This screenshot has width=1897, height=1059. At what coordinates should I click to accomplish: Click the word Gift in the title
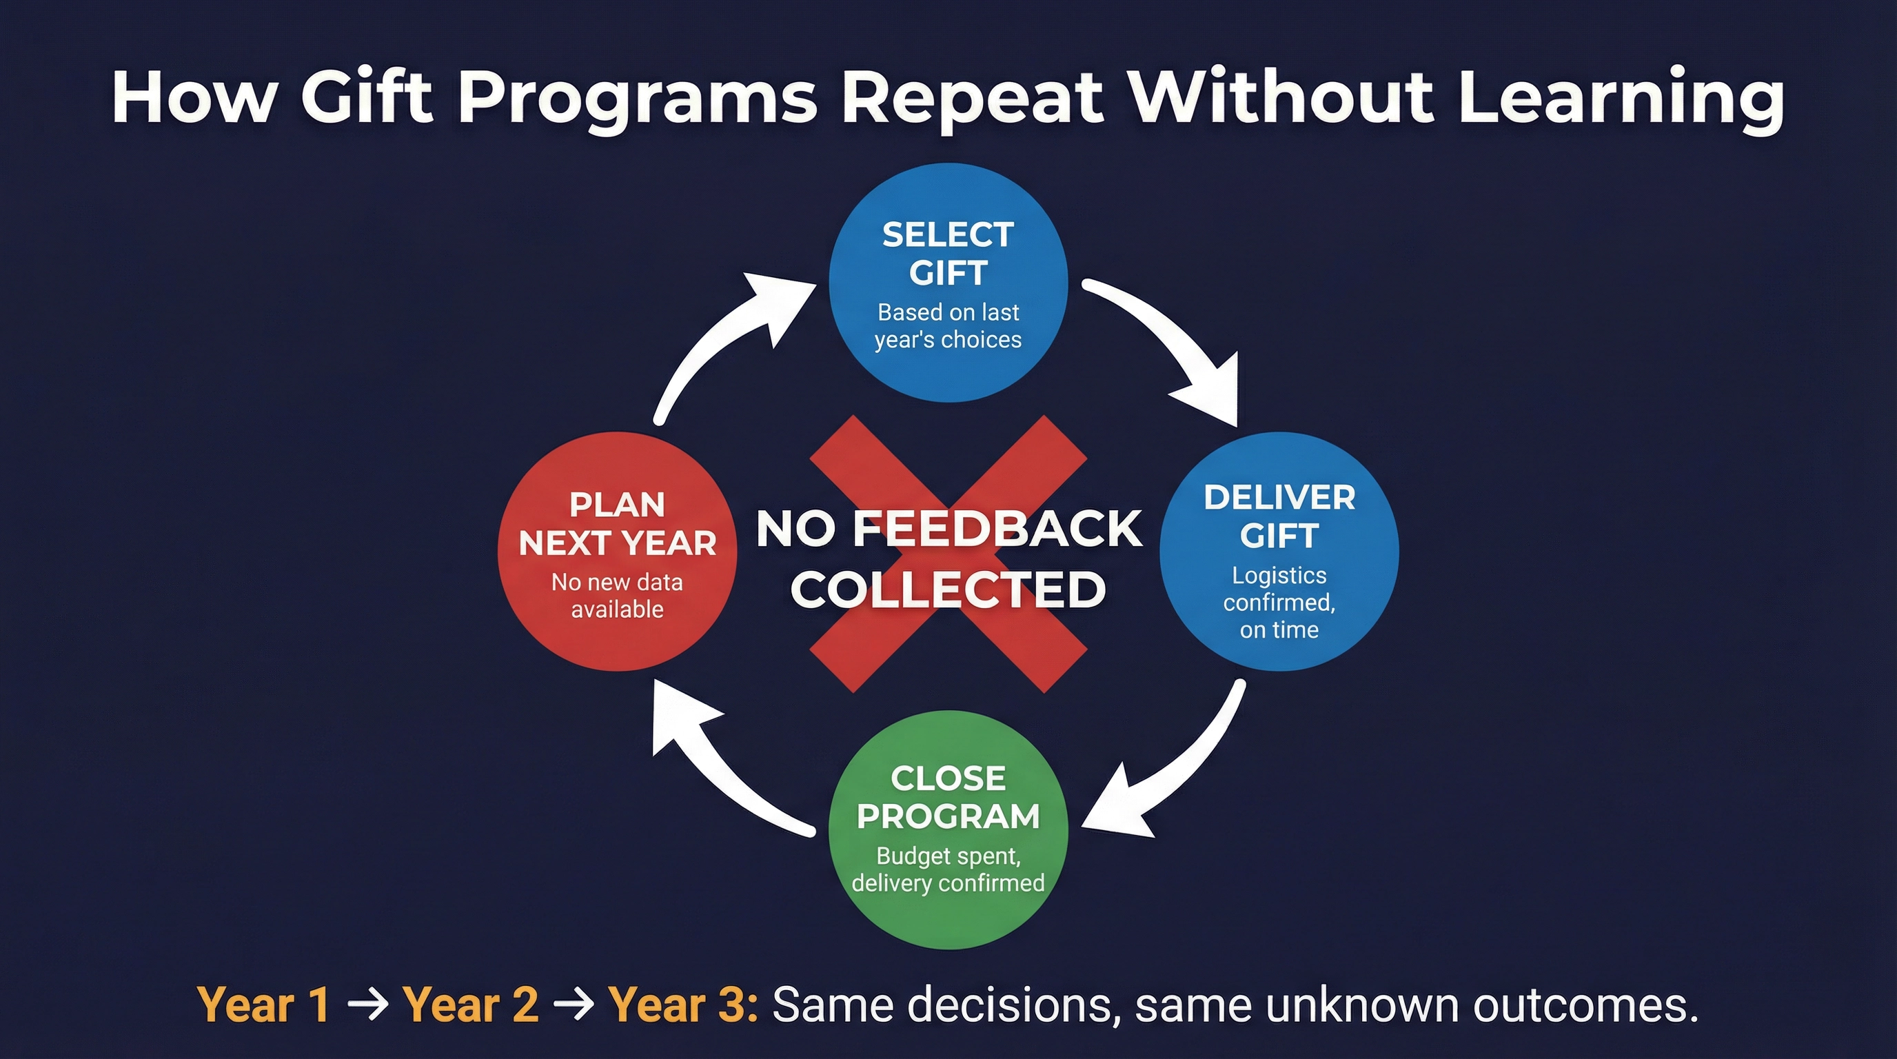coord(366,98)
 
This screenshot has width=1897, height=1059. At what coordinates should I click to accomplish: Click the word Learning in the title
coord(1620,98)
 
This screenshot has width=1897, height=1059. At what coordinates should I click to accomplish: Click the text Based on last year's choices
coord(948,325)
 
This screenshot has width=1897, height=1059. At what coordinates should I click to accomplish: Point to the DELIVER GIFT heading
coord(1279,516)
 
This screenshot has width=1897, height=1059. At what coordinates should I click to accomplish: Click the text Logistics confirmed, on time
coord(1279,603)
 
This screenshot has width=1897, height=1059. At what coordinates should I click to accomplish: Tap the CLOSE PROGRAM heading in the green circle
coord(948,797)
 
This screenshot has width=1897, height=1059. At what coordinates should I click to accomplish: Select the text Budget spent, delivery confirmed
coord(948,869)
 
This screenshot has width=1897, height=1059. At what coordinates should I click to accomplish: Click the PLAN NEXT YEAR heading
coord(617,523)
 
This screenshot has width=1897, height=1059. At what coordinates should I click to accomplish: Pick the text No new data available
coord(617,596)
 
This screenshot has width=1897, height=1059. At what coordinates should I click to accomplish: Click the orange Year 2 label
coord(470,1005)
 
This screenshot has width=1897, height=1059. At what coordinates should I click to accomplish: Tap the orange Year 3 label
coord(681,1005)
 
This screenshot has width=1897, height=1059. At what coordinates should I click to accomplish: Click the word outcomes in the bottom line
coord(1583,1005)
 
